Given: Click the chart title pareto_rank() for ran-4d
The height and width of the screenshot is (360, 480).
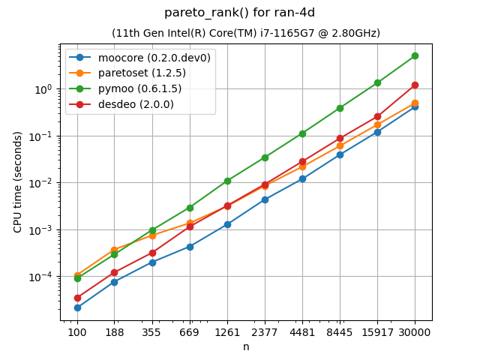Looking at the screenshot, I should click(x=240, y=13).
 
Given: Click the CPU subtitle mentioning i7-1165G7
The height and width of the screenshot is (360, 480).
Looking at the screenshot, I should click(x=246, y=33).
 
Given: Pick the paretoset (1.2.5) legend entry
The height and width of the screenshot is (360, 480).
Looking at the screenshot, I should click(x=131, y=73).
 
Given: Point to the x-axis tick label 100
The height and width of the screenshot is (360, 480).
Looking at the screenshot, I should click(x=77, y=331).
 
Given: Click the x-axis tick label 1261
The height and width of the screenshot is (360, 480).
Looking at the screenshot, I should click(x=227, y=331).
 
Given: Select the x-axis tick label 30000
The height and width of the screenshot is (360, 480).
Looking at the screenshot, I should click(x=415, y=331).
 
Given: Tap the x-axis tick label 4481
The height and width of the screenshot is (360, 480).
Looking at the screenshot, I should click(x=302, y=331).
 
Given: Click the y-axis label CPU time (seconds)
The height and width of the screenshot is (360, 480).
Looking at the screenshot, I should click(x=18, y=182).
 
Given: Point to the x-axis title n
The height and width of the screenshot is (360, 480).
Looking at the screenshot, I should click(x=246, y=346).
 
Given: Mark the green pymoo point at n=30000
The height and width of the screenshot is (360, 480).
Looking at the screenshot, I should click(x=415, y=55).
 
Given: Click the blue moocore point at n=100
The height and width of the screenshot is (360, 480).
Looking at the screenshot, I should click(x=77, y=307).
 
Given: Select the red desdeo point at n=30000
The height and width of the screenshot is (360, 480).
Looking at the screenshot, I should click(x=415, y=85).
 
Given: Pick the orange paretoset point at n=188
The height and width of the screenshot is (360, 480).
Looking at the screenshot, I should click(x=115, y=250).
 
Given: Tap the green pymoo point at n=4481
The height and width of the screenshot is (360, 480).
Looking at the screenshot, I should click(x=302, y=133).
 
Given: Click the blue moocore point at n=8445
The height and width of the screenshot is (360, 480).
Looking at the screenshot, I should click(x=340, y=154).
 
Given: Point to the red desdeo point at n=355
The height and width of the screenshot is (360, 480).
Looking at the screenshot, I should click(x=152, y=253).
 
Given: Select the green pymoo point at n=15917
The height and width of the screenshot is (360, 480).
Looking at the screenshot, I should click(x=377, y=82).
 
